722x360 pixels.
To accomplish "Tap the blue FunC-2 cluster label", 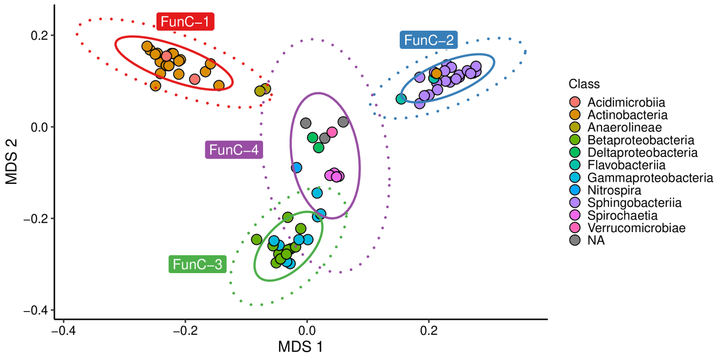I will point(428,40).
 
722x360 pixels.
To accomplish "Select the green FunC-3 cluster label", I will point(197,265).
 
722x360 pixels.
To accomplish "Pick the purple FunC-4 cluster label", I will point(233,150).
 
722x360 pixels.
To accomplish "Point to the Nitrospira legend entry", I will point(612,190).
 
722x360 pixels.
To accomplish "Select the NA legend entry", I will point(596,240).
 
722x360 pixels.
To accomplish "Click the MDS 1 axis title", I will point(300,347).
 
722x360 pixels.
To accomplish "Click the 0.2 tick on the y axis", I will point(38,36).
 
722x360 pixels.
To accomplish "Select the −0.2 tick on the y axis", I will point(35,219).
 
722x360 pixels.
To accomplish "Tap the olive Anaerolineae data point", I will point(260,91).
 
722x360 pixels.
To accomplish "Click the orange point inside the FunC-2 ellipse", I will point(436,74).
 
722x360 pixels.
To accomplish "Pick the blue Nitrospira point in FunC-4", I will point(297,167).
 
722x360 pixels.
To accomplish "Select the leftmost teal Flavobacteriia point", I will point(401,99).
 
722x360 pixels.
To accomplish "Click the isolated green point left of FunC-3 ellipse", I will point(256,240).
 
